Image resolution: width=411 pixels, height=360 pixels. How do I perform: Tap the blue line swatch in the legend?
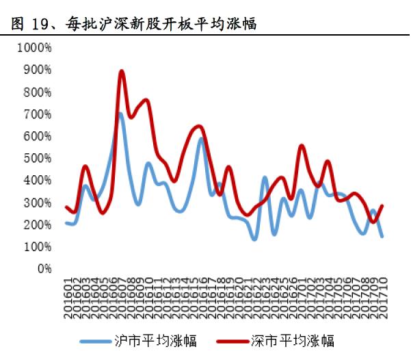point(98,340)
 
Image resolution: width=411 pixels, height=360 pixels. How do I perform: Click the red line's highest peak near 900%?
point(122,70)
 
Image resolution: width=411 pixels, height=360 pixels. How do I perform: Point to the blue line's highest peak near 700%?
point(120,114)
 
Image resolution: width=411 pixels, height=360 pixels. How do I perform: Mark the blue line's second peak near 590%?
point(202,139)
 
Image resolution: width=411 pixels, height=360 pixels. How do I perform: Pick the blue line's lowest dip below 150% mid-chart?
point(254,239)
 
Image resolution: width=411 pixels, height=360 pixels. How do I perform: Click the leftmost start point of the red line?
point(66,207)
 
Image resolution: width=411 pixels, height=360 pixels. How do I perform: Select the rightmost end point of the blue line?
point(382,236)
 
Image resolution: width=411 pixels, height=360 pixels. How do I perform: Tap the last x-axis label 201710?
point(382,295)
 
